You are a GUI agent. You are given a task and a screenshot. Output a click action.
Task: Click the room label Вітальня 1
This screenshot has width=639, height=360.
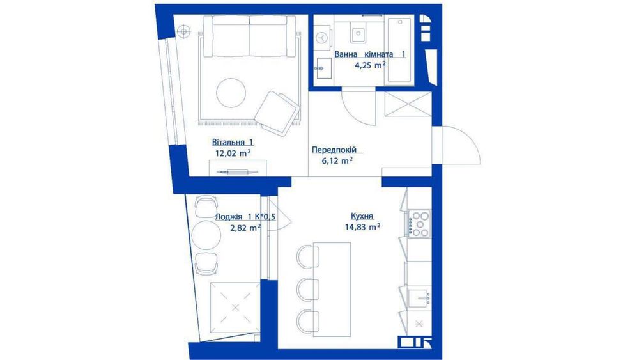(233, 143)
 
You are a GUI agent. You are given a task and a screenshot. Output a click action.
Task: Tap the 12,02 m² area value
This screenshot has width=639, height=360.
(233, 153)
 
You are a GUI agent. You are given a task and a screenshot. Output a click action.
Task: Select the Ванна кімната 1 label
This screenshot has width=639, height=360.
(370, 54)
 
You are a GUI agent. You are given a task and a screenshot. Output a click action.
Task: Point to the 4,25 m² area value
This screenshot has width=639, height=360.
(370, 65)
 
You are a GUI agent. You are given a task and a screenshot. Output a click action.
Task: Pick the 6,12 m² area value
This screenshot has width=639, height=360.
(337, 160)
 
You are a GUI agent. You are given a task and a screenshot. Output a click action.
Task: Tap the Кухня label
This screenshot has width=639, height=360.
(362, 216)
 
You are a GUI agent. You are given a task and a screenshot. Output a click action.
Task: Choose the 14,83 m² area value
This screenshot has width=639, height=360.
(362, 227)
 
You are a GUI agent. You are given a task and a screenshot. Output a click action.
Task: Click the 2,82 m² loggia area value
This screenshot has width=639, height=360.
(245, 228)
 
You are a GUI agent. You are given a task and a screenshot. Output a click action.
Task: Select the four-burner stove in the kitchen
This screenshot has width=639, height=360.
(419, 224)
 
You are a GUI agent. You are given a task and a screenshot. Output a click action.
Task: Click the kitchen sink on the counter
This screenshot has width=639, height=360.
(419, 297)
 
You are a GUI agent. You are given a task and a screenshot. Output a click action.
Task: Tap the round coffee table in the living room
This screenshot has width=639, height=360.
(231, 93)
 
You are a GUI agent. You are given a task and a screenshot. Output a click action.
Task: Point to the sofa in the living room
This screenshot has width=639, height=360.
(249, 36)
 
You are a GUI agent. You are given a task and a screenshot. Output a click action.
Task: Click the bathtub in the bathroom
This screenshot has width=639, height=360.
(400, 49)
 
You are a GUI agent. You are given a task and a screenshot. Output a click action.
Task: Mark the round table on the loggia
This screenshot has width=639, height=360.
(206, 235)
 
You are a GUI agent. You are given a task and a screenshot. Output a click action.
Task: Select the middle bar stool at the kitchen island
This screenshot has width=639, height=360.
(308, 290)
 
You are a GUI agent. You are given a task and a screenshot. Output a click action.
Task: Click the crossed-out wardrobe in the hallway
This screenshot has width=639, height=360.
(408, 104)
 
